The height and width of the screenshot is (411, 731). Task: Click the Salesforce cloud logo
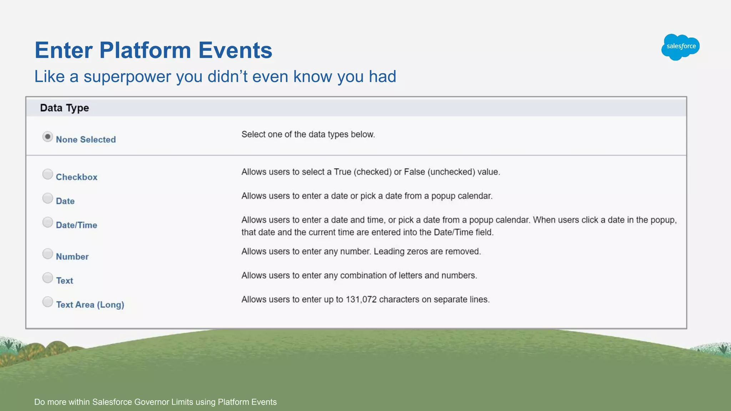(x=680, y=47)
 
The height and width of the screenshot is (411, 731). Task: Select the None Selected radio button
(x=47, y=137)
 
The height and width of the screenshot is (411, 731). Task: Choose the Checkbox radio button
(x=47, y=174)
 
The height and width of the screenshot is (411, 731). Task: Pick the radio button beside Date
(x=47, y=198)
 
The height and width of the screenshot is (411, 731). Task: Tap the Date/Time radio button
(x=47, y=222)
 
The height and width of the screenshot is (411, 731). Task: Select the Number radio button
(x=47, y=254)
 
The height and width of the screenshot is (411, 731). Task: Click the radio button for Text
(x=47, y=278)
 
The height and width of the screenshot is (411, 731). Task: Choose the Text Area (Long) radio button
(x=47, y=302)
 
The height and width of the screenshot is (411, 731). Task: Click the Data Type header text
(x=64, y=108)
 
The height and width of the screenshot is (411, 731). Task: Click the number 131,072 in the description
(x=361, y=299)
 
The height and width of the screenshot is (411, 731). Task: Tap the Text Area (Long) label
(x=90, y=305)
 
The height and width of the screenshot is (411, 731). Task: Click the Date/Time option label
(x=76, y=225)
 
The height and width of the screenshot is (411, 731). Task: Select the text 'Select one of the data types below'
(x=308, y=135)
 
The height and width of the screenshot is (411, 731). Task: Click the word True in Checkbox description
(x=342, y=172)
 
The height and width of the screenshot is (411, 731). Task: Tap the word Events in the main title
(x=235, y=50)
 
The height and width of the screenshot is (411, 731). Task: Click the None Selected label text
(x=86, y=139)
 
